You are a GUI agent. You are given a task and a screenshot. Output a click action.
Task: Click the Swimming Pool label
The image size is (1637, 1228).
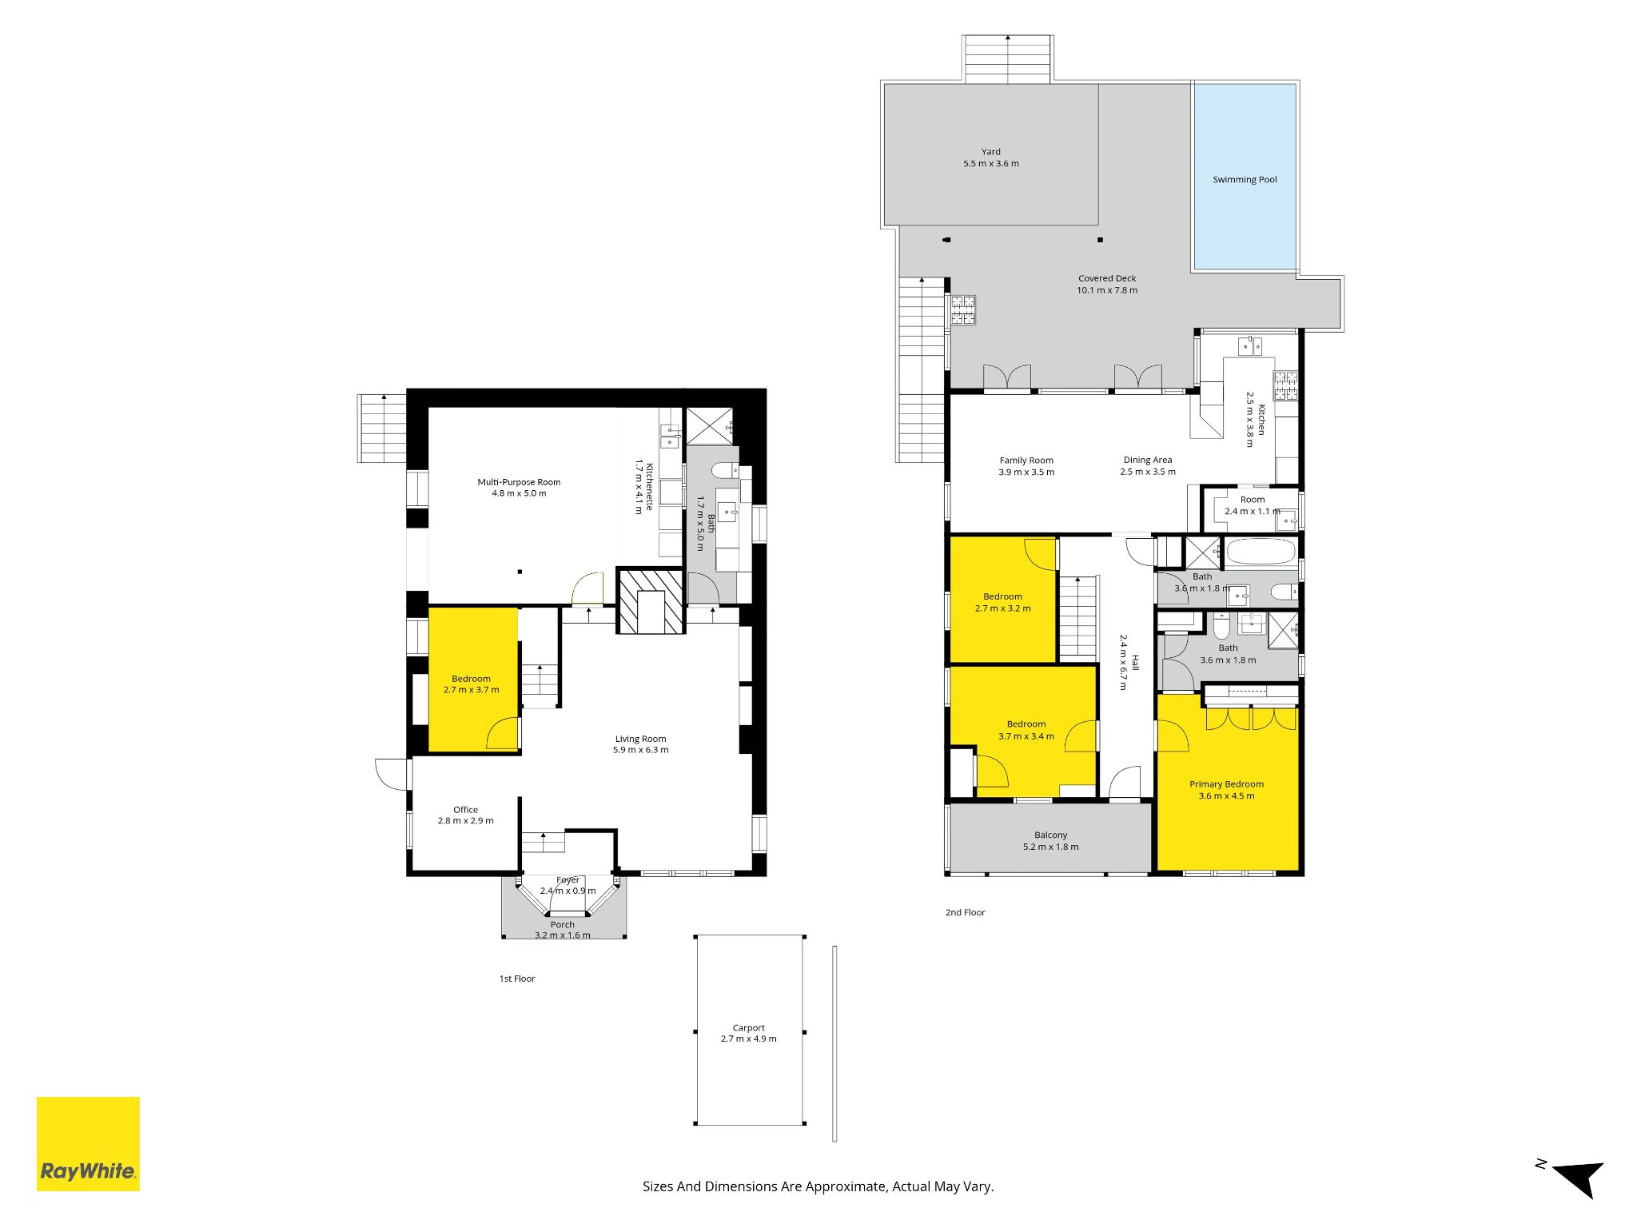(x=1245, y=180)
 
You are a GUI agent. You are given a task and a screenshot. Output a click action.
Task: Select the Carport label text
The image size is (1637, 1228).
(x=748, y=1028)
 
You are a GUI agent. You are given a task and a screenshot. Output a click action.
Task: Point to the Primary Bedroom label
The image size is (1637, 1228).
(x=1226, y=784)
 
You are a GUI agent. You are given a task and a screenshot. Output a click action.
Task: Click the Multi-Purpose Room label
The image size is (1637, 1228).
(x=519, y=482)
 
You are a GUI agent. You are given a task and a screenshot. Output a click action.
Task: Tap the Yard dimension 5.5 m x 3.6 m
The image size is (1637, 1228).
(x=990, y=164)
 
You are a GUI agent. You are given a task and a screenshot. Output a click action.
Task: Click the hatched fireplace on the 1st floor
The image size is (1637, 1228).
(x=651, y=601)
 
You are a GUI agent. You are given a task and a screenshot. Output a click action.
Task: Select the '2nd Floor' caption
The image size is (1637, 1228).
(x=965, y=912)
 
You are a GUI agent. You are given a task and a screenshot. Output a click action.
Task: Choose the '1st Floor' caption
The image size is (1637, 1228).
(x=517, y=979)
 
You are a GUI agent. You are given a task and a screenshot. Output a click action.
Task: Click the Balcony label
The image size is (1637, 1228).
(x=1050, y=835)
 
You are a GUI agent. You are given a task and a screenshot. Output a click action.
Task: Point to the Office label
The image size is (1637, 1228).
(x=465, y=810)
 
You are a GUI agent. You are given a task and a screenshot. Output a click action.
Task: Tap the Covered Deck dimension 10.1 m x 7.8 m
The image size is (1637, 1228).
(x=1106, y=290)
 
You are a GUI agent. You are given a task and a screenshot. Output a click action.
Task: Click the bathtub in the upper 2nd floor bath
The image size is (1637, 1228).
(x=1260, y=552)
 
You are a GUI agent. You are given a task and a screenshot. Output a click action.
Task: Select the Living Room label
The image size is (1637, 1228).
(x=640, y=739)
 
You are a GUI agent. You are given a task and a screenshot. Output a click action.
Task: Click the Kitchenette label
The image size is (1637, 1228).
(x=650, y=487)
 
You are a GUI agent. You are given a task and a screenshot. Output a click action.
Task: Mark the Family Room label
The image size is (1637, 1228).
(x=1026, y=460)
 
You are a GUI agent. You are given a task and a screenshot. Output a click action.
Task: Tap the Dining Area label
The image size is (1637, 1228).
(x=1147, y=460)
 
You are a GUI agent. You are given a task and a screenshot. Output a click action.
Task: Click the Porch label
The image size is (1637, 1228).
(x=562, y=924)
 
